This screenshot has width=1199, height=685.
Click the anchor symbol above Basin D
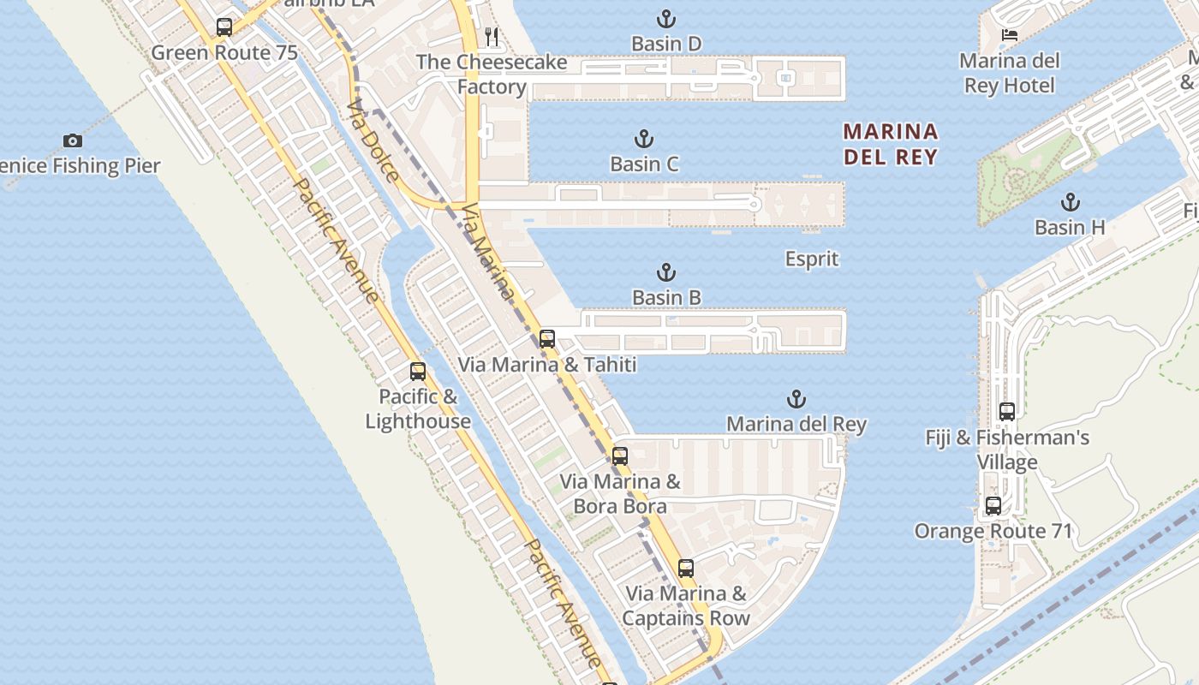coord(666,18)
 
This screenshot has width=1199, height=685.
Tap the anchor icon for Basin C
coord(643,139)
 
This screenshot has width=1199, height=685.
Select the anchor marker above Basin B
coord(666,272)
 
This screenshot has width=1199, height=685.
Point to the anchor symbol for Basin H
coord(1070,202)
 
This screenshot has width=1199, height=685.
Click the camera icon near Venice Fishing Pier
coord(73,140)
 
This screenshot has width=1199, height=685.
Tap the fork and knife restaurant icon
coord(492,36)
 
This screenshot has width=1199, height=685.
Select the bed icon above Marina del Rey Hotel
coord(1010,35)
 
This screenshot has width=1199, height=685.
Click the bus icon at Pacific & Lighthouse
coord(418,372)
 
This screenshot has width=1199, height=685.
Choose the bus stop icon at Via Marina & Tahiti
coord(547,338)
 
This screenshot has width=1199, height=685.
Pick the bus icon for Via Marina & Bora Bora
coord(620,456)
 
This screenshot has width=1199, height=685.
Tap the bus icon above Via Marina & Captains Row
coord(685,568)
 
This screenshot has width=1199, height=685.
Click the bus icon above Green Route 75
coord(224,27)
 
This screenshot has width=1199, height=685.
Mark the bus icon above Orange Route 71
coord(993,505)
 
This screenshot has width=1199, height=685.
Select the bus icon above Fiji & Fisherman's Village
coord(1007,412)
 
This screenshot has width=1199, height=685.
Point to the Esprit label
coord(812,259)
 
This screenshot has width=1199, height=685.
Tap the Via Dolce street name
coord(373,141)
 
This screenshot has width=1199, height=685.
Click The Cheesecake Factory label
coord(492,74)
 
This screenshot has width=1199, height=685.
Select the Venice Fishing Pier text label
coord(81,165)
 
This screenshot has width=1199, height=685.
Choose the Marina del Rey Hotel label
coord(1010,73)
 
